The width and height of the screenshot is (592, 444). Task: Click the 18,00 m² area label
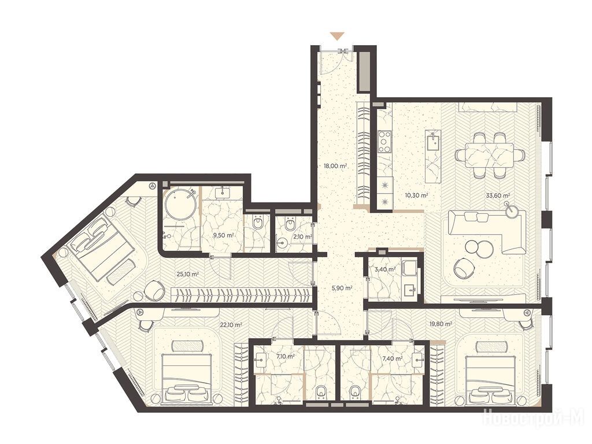335,165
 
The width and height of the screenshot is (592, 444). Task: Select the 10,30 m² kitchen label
416,195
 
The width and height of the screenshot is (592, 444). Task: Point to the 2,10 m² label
302,236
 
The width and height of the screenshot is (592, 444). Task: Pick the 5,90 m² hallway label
343,288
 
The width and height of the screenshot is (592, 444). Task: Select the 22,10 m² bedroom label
231,324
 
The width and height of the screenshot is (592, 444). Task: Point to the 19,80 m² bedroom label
441,324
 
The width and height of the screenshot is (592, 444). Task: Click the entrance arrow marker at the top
336,36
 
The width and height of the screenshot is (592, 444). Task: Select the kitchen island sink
432,144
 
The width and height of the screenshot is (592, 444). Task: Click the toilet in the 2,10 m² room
290,225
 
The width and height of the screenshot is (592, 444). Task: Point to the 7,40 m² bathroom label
393,359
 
